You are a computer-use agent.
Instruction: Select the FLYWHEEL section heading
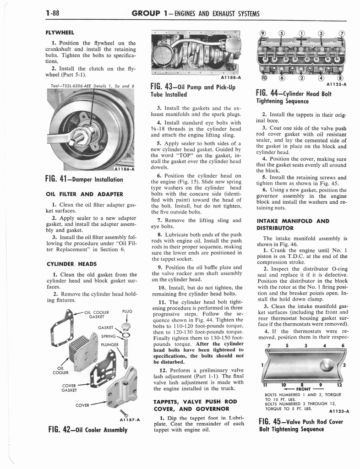point(60,33)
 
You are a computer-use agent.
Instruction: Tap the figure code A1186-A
point(121,169)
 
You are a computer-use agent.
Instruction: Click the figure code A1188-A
point(227,77)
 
